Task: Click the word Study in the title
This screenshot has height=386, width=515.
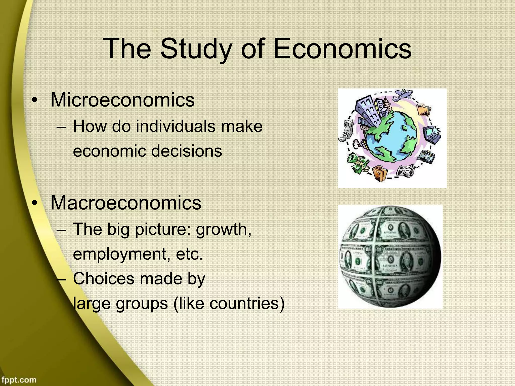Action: tap(195, 49)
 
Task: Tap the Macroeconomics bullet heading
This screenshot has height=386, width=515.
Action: tap(126, 203)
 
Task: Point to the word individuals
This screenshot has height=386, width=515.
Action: tap(176, 126)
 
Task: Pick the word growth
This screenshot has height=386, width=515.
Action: tap(224, 229)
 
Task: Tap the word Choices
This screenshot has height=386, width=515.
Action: tap(104, 279)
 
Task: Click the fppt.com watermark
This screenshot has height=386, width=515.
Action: tap(18, 379)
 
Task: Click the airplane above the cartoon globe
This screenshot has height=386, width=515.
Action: tap(402, 95)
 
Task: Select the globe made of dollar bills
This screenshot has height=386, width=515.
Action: tap(390, 256)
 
